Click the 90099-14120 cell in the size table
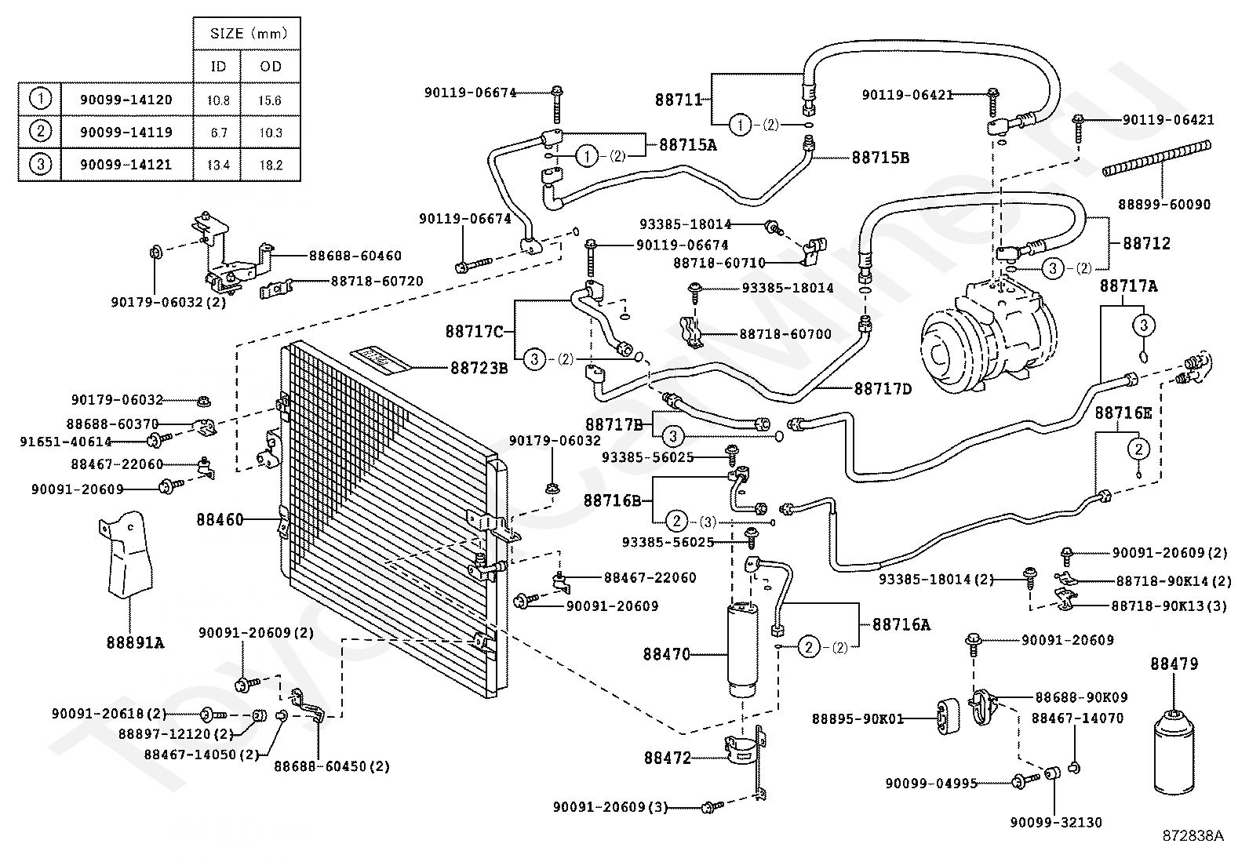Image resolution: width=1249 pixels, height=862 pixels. click(126, 100)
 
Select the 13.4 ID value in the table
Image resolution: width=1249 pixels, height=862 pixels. click(218, 165)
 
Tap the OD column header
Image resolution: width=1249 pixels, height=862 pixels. click(271, 67)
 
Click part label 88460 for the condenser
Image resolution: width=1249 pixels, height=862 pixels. click(220, 520)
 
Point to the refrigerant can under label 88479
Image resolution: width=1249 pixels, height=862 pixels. click(1174, 751)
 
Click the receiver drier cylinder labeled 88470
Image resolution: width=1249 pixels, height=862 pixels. click(742, 650)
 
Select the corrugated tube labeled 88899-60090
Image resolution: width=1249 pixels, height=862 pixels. click(1156, 159)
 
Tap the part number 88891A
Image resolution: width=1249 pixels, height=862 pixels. click(135, 643)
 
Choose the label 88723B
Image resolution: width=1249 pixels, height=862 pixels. click(479, 368)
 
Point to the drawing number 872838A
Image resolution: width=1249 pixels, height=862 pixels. click(1193, 836)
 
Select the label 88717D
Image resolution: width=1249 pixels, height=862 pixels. click(883, 388)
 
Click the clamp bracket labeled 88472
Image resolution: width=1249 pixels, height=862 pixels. click(745, 755)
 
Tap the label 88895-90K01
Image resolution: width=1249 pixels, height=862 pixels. click(858, 718)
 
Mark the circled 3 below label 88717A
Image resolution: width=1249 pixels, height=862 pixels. click(1144, 325)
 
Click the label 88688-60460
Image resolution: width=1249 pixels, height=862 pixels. click(355, 256)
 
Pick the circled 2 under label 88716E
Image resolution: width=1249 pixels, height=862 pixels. click(1138, 449)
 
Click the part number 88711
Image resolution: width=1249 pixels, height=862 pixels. click(679, 100)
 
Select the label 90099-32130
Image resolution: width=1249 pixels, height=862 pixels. click(1056, 822)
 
